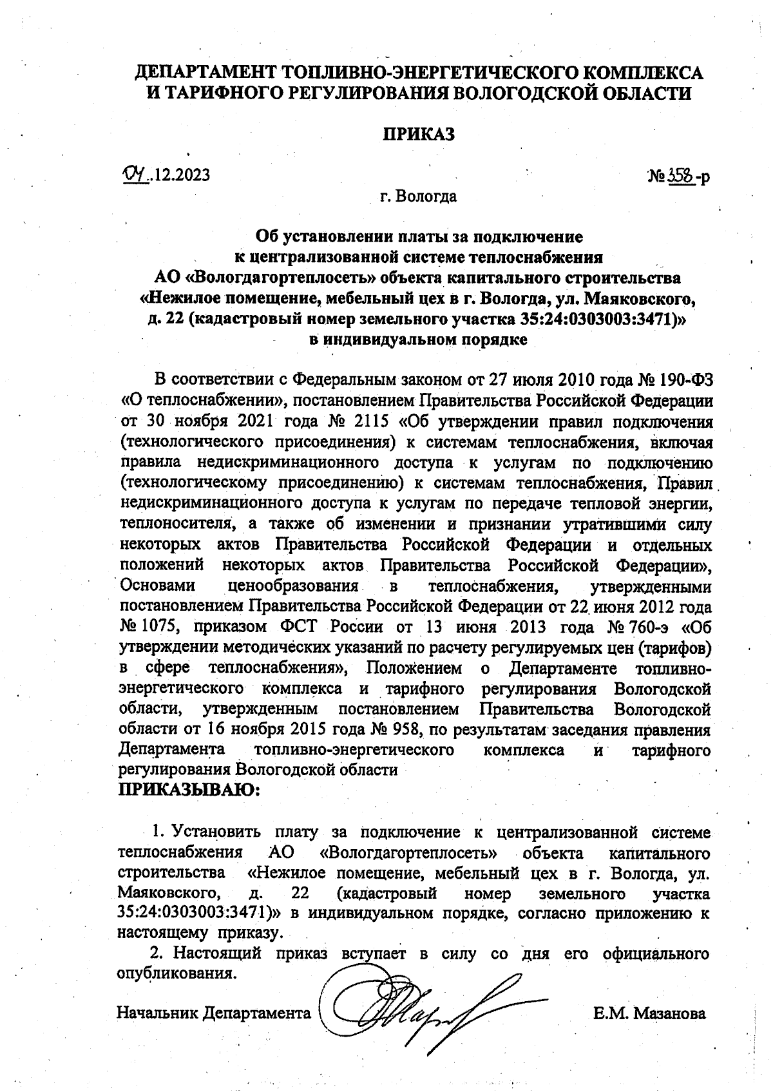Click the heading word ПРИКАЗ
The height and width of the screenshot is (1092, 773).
419,135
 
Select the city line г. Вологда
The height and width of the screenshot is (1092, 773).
418,196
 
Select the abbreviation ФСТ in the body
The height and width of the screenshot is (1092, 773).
297,627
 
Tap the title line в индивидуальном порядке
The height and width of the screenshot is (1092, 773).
419,340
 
